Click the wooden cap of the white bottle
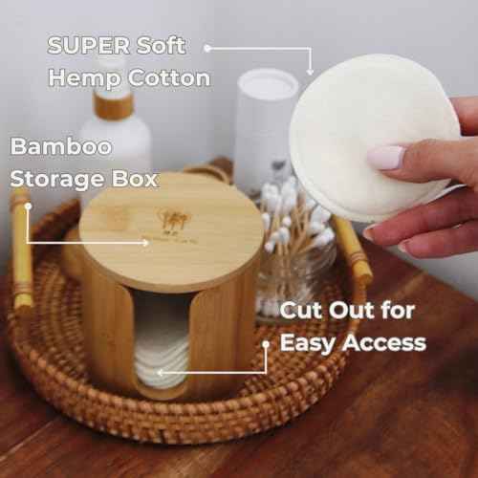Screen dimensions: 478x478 pos(114,104)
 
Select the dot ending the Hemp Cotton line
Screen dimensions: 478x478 pos(206,46)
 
